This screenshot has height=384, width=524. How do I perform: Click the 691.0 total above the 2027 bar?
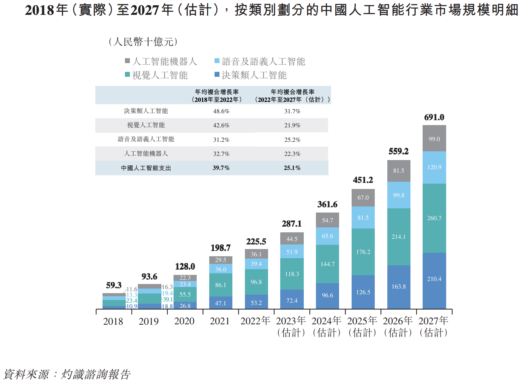[x=434, y=117]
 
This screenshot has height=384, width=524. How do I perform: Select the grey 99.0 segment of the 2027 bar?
[x=434, y=139]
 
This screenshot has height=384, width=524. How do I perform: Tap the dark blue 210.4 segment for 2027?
[x=434, y=279]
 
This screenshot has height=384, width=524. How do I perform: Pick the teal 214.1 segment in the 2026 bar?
[x=399, y=236]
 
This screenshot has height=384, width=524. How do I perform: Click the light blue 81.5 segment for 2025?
[x=363, y=218]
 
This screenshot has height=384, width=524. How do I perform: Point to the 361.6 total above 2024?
[x=327, y=205]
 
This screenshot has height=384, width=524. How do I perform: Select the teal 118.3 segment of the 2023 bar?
[x=292, y=274]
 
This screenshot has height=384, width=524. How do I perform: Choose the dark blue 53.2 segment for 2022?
[x=256, y=303]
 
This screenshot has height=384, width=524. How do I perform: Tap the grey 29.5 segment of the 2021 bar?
[x=221, y=260]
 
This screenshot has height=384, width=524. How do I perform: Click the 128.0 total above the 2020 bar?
[x=185, y=267]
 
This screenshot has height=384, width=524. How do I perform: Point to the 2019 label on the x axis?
[x=148, y=322]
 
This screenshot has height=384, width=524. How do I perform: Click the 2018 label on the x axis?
[x=113, y=322]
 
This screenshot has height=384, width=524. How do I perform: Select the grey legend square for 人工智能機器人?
[x=128, y=61]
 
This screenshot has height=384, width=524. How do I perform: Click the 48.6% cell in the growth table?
[x=221, y=111]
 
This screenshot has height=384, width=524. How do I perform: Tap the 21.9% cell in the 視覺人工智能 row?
[x=292, y=125]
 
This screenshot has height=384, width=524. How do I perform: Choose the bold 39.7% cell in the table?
[x=221, y=168]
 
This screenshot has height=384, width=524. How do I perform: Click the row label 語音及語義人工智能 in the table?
[x=146, y=139]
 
